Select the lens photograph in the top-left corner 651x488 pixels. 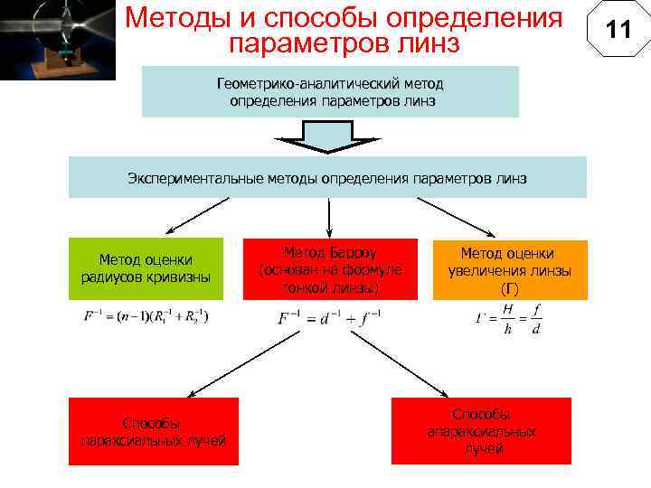coord(58,40)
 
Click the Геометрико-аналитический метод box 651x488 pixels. coord(330,91)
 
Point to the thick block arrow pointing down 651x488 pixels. coord(328,138)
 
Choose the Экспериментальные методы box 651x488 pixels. coord(327,177)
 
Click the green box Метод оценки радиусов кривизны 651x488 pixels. coord(146,268)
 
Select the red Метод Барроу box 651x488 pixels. coord(330,269)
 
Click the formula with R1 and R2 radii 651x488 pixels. coord(146,318)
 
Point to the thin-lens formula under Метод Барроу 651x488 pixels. coord(329,318)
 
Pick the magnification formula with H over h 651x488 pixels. coord(508,318)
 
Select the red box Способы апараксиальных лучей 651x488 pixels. coord(481,431)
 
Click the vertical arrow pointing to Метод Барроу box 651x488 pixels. coord(329,219)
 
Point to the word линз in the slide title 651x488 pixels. coord(429,42)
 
